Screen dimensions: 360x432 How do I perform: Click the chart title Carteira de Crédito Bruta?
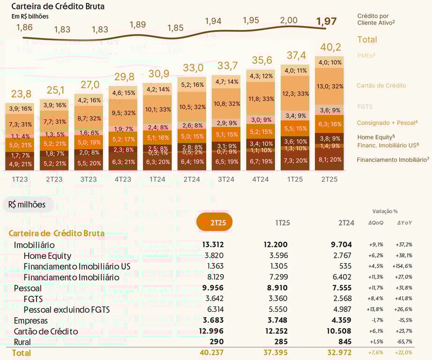pos(58,7)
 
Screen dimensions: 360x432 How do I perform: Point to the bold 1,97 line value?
pos(327,21)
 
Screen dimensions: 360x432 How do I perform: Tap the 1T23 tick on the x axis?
pos(20,180)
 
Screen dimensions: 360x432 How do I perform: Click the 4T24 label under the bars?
pos(260,180)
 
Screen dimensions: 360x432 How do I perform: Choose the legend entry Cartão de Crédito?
pos(381,86)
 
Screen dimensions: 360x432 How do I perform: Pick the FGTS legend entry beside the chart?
pos(365,107)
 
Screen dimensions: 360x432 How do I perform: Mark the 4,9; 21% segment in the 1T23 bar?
pos(20,164)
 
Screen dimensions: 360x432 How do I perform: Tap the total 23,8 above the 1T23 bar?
pos(21,93)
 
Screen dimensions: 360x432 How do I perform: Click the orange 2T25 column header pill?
pos(215,222)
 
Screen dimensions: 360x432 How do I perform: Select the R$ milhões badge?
pos(28,204)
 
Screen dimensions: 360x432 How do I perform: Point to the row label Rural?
pos(22,342)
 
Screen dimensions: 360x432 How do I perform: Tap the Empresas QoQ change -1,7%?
pos(376,320)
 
